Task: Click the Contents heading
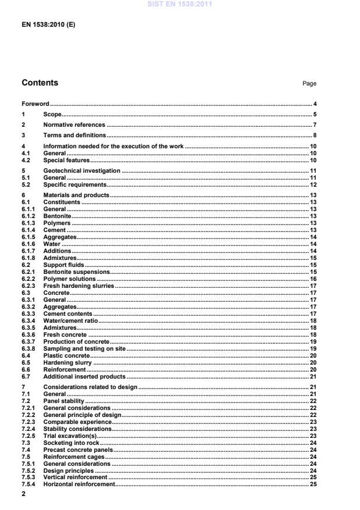[40, 83]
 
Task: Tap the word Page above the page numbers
[309, 84]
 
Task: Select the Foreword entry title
[35, 104]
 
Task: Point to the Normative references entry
[74, 125]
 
